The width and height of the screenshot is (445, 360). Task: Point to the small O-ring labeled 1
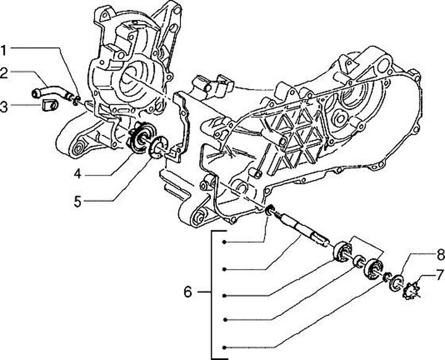pyautogui.click(x=77, y=97)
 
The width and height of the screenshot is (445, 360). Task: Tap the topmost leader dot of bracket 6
pyautogui.click(x=227, y=241)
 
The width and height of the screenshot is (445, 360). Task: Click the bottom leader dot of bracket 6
pyautogui.click(x=227, y=346)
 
